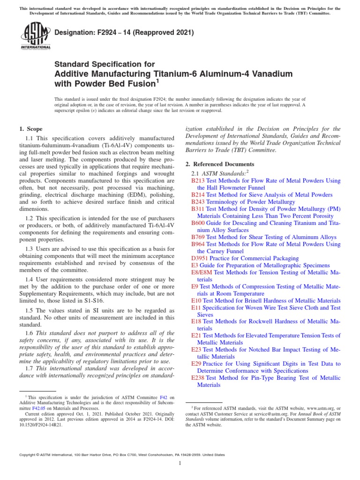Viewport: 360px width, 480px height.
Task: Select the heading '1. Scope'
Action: point(30,129)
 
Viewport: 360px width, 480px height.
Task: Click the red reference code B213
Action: point(198,180)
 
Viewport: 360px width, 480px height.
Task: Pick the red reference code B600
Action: point(198,223)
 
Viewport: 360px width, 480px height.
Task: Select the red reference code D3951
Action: point(200,258)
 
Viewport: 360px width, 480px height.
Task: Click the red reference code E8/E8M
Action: point(202,272)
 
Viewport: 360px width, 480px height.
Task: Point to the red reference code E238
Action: point(198,378)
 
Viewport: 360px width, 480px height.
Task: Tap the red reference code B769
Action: point(198,237)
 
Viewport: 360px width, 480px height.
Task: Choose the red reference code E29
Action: point(196,364)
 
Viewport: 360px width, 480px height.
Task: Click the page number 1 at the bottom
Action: point(180,463)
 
